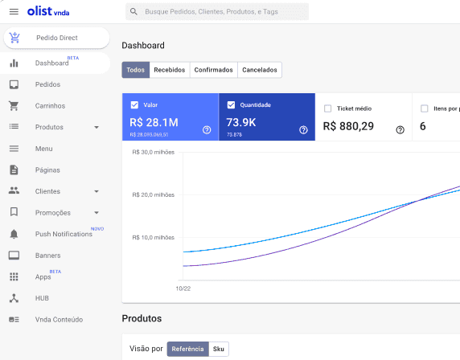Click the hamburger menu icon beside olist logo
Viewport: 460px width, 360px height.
[14, 11]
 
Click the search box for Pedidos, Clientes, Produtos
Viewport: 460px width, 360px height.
[217, 12]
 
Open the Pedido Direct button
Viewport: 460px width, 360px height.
[56, 38]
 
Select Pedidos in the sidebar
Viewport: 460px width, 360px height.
[47, 84]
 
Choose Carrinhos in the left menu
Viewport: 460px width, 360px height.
[50, 105]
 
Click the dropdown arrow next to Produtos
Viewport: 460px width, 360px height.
[97, 127]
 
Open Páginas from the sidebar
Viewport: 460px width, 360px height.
[47, 170]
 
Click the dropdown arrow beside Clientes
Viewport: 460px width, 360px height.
[97, 191]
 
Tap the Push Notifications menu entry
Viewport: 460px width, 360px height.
[64, 234]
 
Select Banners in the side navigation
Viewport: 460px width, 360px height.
[48, 256]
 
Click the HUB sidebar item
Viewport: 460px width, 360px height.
[43, 297]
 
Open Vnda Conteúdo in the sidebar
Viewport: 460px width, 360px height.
[59, 319]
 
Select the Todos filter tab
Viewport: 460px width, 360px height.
[136, 70]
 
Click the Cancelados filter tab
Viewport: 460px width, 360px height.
[260, 70]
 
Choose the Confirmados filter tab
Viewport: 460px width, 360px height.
[213, 70]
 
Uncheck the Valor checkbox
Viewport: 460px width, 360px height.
[134, 105]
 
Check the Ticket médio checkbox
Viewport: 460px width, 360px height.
[327, 108]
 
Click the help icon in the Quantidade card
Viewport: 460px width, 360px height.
[303, 129]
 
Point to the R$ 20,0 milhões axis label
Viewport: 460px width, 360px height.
[153, 194]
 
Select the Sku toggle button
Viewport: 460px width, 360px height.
[219, 349]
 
